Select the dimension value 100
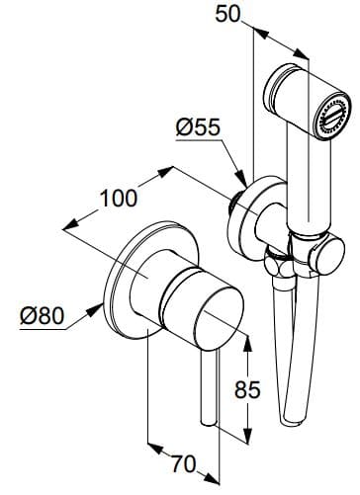click(118, 197)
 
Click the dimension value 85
click(249, 389)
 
